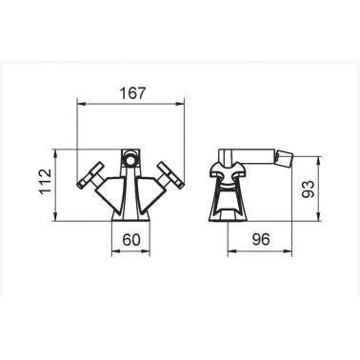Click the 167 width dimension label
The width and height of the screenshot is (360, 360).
[x=132, y=93]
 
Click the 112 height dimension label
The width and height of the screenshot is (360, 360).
[x=45, y=182]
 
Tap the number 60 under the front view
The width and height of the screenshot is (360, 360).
[x=131, y=239]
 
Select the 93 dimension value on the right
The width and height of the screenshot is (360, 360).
[x=308, y=190]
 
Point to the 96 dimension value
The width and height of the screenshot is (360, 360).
[x=261, y=239]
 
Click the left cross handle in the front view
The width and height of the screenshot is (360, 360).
[x=90, y=175]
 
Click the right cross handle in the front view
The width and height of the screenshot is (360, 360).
[x=171, y=175]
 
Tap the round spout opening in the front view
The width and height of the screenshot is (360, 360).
[x=130, y=159]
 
